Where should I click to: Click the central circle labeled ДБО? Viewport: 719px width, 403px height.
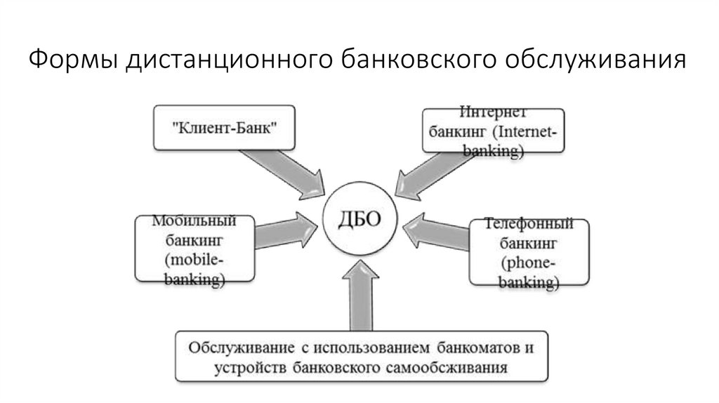[x=360, y=219]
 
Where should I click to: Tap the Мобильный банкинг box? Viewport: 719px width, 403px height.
[x=194, y=250]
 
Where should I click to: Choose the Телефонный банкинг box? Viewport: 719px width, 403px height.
[x=529, y=253]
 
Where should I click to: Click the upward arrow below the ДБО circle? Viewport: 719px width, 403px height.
[x=361, y=295]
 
